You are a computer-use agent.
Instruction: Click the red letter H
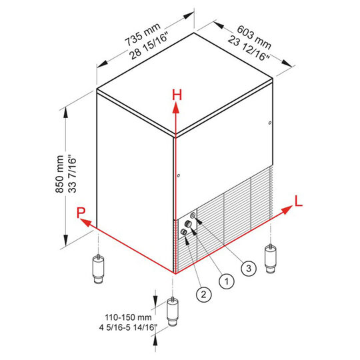tap(177, 95)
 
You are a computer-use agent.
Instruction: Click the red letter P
tap(81, 213)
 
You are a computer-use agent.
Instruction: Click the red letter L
tap(299, 201)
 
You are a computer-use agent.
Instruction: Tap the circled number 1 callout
tap(227, 281)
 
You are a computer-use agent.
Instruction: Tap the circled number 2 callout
tap(203, 295)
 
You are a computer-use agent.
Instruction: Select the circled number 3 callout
tap(249, 268)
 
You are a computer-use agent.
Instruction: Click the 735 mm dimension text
tap(143, 35)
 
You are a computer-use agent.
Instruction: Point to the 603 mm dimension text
tap(254, 37)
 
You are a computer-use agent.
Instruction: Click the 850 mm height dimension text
tap(59, 174)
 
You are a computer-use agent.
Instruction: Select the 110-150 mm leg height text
tap(128, 317)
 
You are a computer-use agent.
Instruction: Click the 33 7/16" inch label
tap(72, 175)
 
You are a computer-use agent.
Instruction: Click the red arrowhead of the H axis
tap(176, 108)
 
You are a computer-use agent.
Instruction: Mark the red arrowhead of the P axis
tap(85, 222)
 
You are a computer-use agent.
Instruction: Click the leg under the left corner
tap(98, 269)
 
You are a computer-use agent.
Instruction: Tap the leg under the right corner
tap(271, 258)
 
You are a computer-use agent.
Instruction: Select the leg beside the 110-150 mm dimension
tap(173, 311)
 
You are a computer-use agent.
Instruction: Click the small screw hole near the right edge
tap(270, 123)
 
